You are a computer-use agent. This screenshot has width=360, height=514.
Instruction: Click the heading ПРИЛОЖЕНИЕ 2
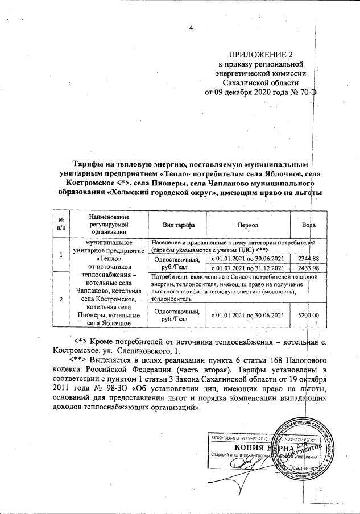point(259,55)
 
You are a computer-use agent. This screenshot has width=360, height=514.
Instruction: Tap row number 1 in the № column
point(60,254)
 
